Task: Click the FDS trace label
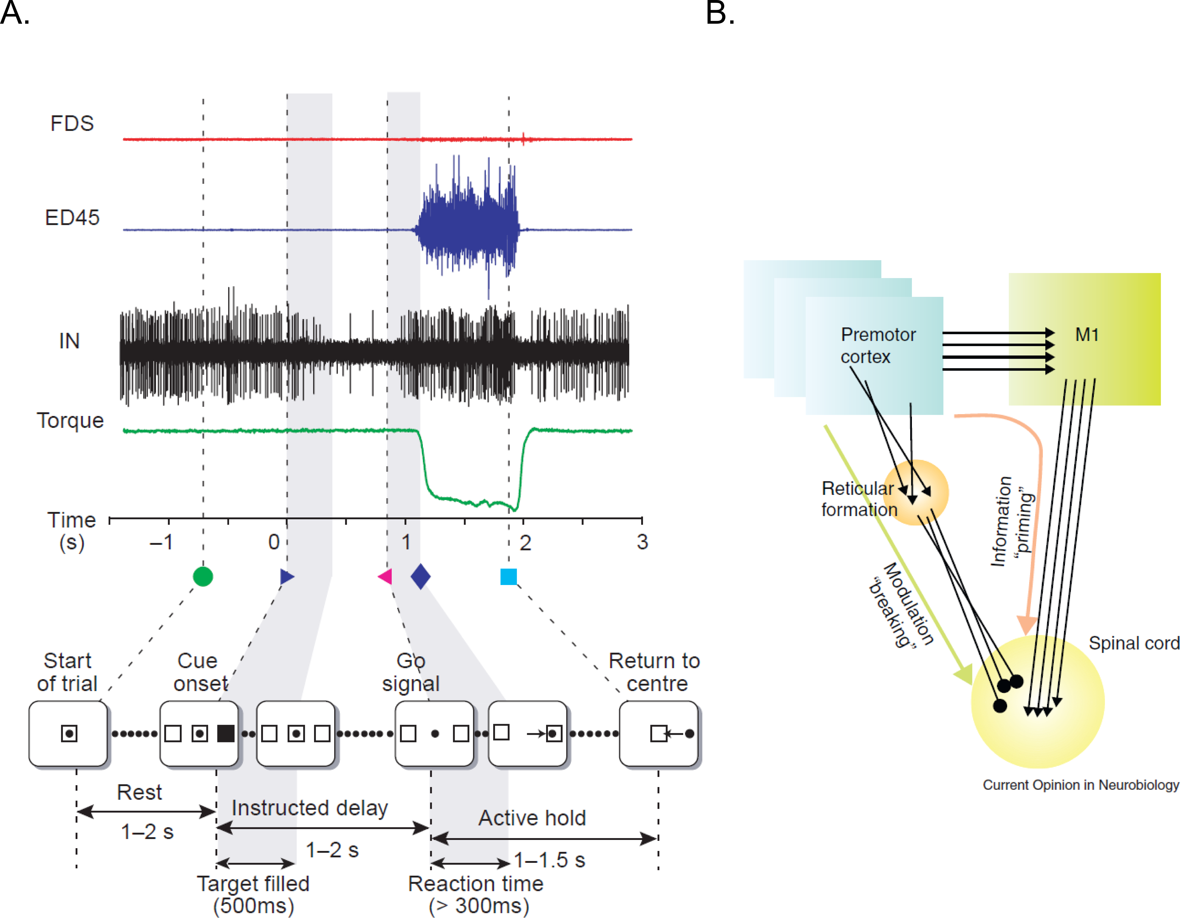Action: pos(72,124)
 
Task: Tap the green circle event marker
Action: pos(203,576)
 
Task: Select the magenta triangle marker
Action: pos(385,576)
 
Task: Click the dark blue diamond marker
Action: pos(420,576)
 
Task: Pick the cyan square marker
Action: pos(508,576)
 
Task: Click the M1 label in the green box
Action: pos(1086,334)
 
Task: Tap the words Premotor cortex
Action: pos(877,345)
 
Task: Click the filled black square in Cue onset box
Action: pos(226,733)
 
